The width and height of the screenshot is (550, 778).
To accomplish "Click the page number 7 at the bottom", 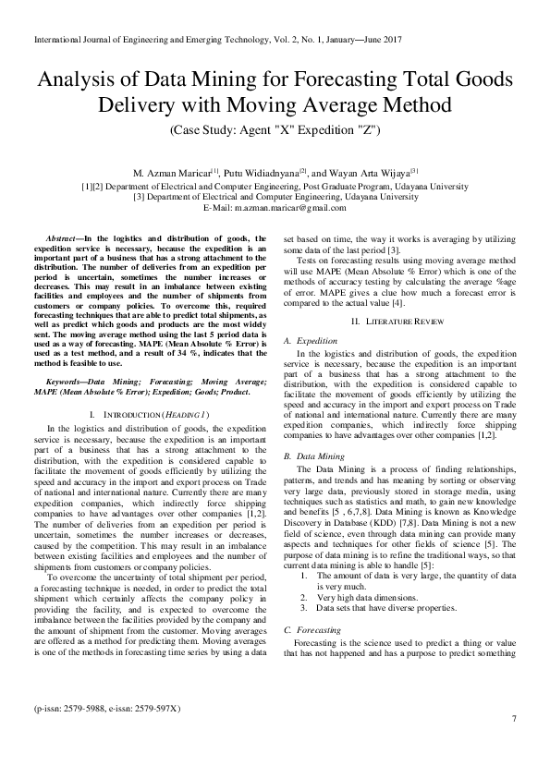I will (513, 744).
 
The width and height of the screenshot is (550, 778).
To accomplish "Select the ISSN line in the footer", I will (107, 734).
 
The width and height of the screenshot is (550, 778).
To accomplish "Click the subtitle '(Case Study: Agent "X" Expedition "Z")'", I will (275, 131).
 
